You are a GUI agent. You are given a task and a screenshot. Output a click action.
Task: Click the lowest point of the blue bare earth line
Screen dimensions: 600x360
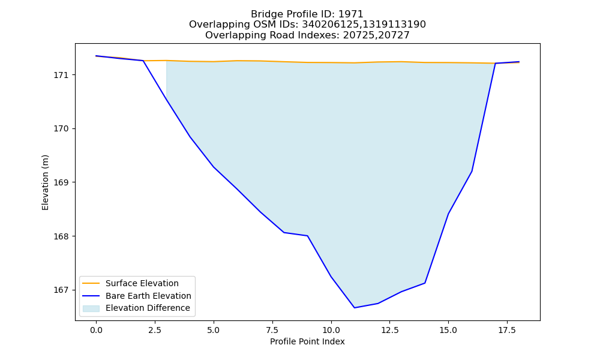(355, 308)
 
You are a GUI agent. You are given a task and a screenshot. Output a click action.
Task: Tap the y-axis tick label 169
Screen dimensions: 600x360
(59, 182)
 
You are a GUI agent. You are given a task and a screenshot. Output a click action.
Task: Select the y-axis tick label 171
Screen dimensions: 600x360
(59, 75)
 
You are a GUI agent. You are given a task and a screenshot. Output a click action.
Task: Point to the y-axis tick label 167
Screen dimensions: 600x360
(59, 290)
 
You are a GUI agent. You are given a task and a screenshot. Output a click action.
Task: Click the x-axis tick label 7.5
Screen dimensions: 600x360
(272, 330)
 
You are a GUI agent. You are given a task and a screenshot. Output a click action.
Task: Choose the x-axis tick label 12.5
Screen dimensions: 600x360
(389, 330)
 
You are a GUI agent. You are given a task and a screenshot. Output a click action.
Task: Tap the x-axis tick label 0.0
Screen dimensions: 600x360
(96, 330)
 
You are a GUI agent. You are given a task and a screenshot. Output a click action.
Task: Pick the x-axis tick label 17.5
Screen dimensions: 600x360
(507, 330)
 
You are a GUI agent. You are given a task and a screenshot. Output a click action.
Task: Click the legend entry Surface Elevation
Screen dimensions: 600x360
(142, 283)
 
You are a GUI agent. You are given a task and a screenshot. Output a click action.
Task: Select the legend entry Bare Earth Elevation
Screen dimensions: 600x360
(148, 296)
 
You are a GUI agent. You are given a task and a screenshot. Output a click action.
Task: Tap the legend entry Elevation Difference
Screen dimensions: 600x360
(148, 308)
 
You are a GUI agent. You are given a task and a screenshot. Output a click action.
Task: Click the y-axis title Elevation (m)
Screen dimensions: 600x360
(45, 182)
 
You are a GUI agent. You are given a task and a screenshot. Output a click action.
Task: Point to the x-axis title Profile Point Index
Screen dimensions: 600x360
(307, 341)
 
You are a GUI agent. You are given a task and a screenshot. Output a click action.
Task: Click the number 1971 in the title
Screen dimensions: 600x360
(351, 14)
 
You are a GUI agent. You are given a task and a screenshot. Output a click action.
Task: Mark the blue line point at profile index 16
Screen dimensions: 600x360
(472, 171)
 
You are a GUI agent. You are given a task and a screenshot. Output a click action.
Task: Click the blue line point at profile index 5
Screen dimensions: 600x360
(214, 167)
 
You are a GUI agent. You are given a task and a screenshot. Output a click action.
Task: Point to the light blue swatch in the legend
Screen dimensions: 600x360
(91, 308)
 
